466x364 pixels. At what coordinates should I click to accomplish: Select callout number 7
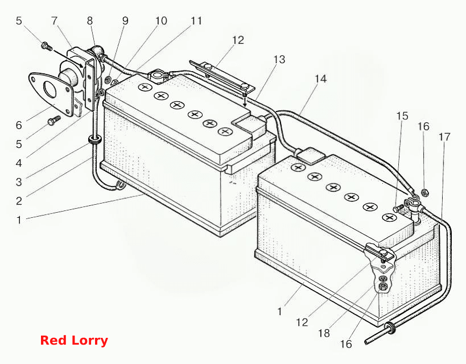coord(54,21)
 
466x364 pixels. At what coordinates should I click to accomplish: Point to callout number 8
coord(90,21)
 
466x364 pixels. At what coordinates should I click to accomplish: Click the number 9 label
coord(125,21)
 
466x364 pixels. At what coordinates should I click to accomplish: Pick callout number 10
coord(161,21)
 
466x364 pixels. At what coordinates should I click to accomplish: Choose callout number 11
coord(196,21)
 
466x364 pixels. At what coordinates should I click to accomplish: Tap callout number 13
coord(279,59)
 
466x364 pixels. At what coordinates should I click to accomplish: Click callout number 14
coord(320,78)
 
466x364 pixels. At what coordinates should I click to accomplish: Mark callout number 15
coord(402,116)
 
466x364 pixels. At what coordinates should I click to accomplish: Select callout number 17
coord(444,137)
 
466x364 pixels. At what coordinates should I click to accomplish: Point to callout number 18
coord(324,333)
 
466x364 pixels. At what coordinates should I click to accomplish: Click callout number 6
coord(19,125)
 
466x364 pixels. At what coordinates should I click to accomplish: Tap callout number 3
coord(19,182)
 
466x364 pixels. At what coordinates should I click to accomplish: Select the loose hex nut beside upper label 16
coord(425,193)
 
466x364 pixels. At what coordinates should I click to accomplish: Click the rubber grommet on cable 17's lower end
coord(390,328)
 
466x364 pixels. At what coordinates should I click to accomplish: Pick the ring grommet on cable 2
coord(95,140)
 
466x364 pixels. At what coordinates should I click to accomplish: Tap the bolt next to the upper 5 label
coord(47,46)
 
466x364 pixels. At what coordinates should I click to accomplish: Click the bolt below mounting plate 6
coord(54,121)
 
